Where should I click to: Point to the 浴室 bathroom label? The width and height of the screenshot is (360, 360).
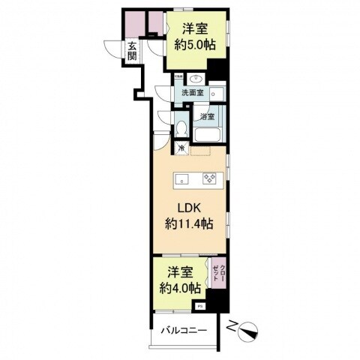click(206, 116)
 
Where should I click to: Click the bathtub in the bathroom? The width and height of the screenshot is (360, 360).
click(205, 135)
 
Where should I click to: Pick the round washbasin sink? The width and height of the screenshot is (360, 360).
click(197, 79)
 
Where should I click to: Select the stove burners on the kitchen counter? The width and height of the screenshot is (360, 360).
click(211, 178)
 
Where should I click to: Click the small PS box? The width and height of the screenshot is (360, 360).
click(199, 306)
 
